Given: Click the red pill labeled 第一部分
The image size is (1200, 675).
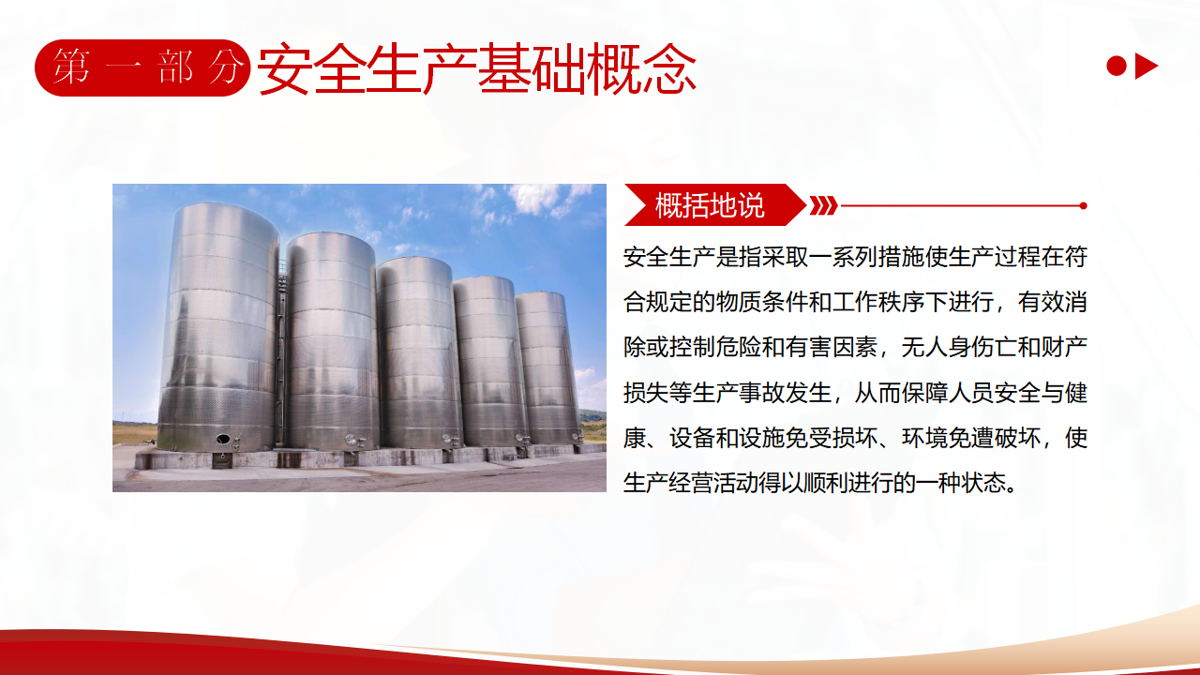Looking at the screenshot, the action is coord(142,68).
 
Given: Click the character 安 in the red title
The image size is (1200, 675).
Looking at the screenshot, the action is coord(284,69).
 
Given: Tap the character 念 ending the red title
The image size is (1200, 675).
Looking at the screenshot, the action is coord(669,69).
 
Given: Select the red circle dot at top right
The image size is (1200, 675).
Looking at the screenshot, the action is coord(1117,67).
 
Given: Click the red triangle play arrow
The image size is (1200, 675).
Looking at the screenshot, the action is coord(1146,67).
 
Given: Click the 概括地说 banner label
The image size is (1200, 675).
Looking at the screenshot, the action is coord(710,205).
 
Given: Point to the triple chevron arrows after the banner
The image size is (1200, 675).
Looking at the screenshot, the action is coord(823,205).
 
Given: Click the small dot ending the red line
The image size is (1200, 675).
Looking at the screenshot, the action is coord(1083,205).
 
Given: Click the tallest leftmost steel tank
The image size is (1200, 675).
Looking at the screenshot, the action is coord(218,327).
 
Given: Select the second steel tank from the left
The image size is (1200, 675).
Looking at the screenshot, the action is coord(331,341).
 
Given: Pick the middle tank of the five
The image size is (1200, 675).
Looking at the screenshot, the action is coord(419,352).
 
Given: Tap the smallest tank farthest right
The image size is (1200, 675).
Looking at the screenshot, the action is coord(547,368).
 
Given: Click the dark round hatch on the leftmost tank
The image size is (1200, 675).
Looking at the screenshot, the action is coord(223,440).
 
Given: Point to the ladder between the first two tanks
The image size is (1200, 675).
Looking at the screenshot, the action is coord(280,353).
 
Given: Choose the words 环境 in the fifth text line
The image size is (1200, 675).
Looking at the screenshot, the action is coord(925,438).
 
